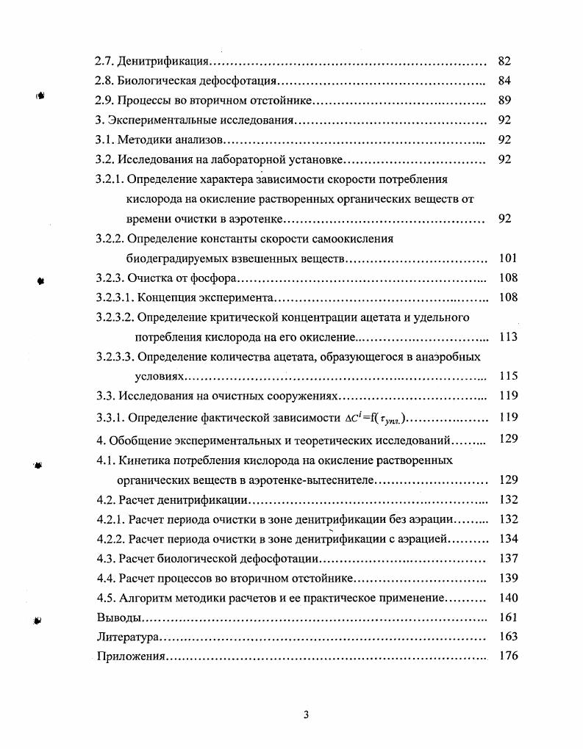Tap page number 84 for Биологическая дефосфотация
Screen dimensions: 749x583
coord(504,81)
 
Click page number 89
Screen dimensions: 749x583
coord(504,101)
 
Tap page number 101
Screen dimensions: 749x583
coord(507,258)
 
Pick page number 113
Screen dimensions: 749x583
coord(507,337)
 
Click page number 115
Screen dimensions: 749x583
coord(507,376)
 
